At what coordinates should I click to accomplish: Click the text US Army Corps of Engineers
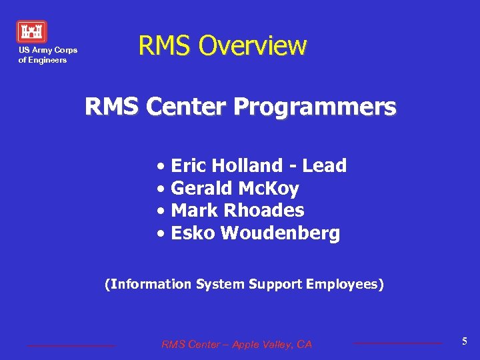(47, 55)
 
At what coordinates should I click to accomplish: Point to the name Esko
(192, 233)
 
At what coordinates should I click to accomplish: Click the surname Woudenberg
(280, 233)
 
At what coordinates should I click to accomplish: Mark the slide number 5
(465, 341)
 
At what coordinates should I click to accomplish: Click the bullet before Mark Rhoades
(162, 211)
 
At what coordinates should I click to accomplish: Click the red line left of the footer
(71, 345)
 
